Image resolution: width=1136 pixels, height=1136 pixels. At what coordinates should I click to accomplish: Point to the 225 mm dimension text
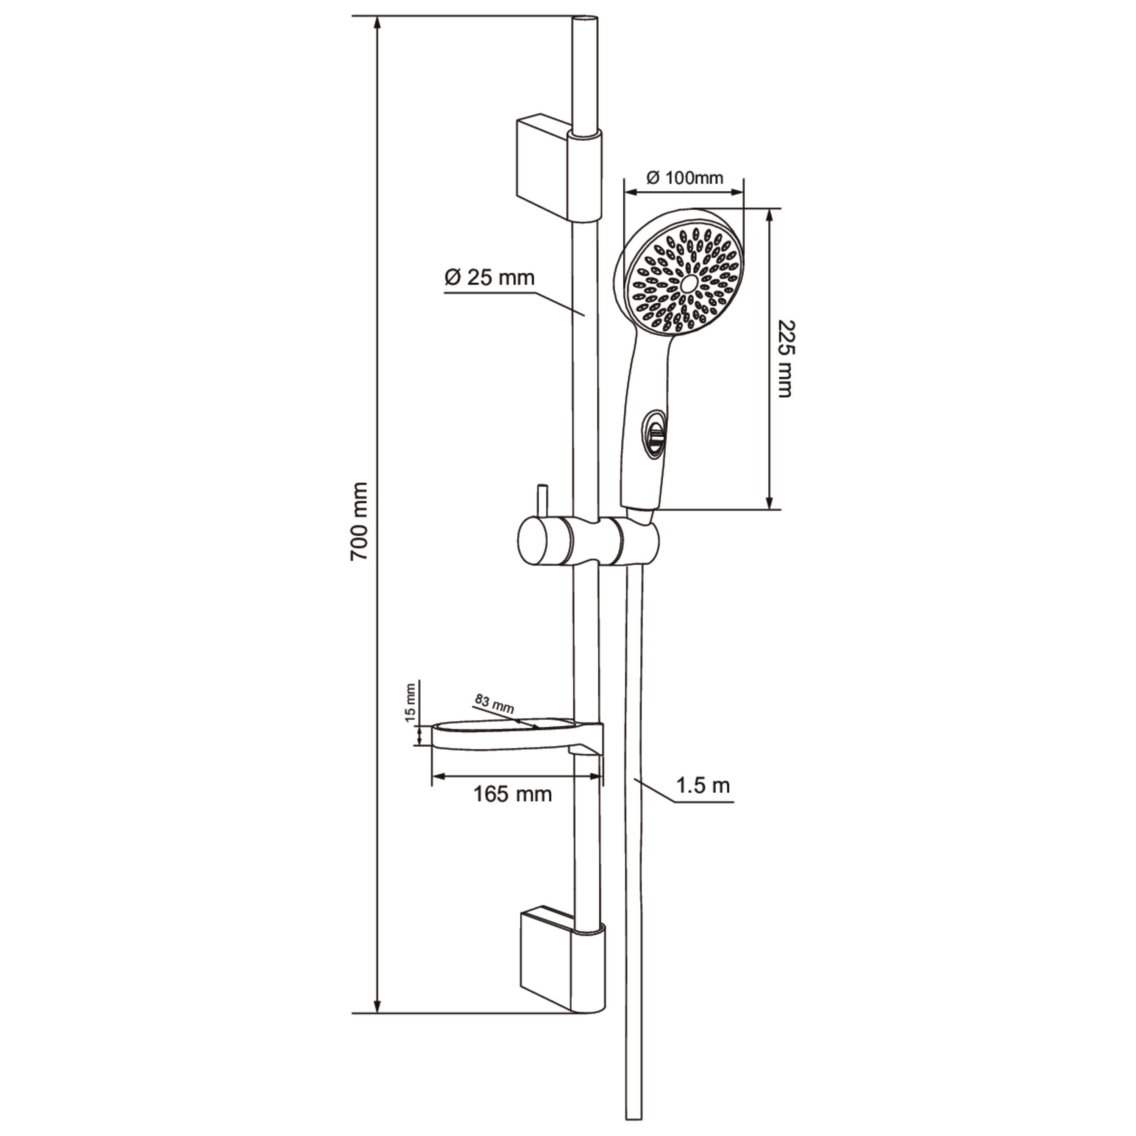coord(784,359)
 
